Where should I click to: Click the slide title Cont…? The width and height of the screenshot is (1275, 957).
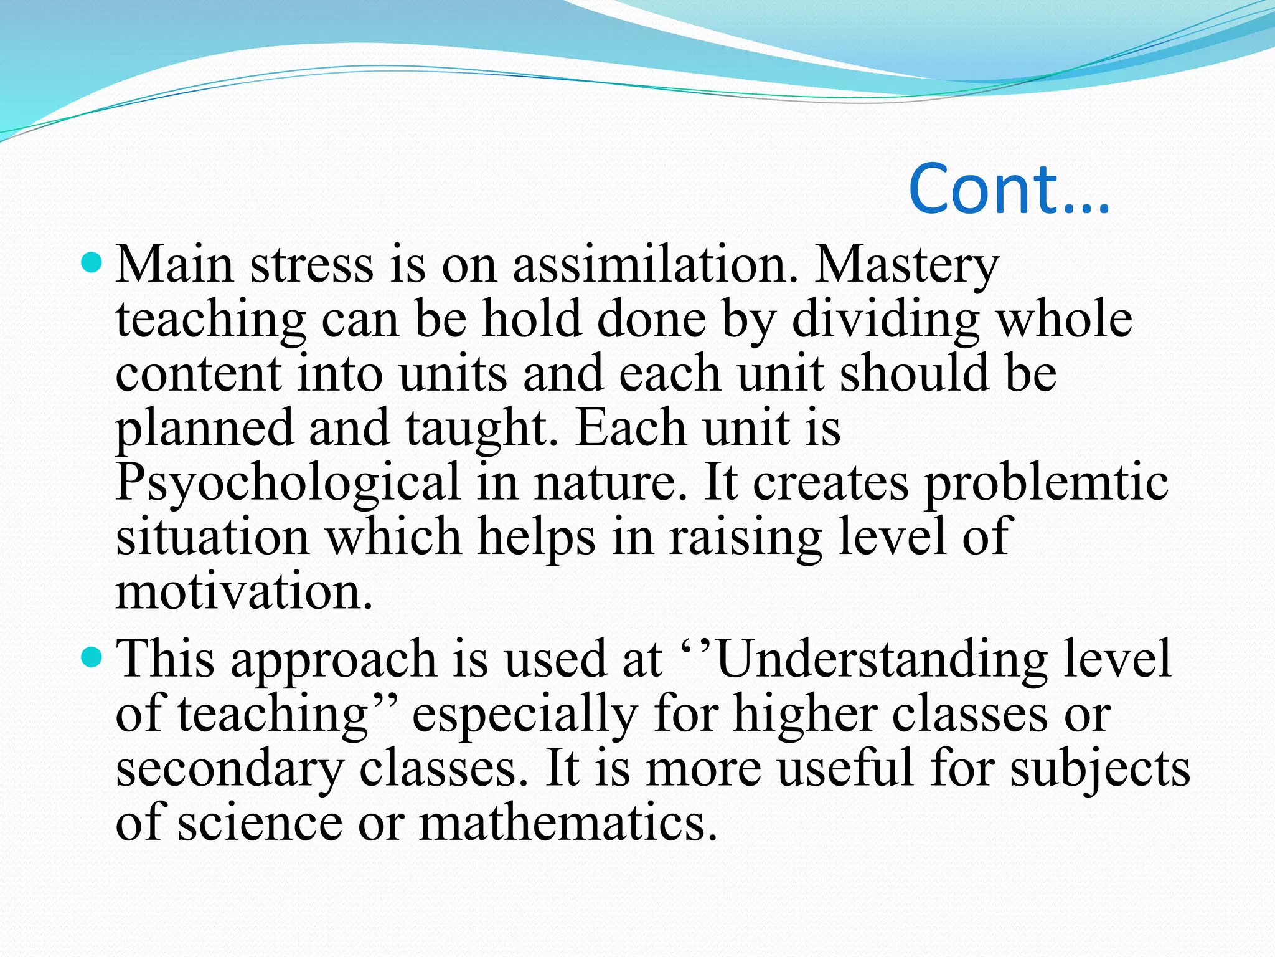tap(1009, 188)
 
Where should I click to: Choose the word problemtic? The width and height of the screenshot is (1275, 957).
tap(1046, 483)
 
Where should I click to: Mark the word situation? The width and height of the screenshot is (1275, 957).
tap(212, 537)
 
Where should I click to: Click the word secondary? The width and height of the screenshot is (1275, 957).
tap(230, 768)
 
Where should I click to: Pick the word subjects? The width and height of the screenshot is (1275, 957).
tap(1099, 768)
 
